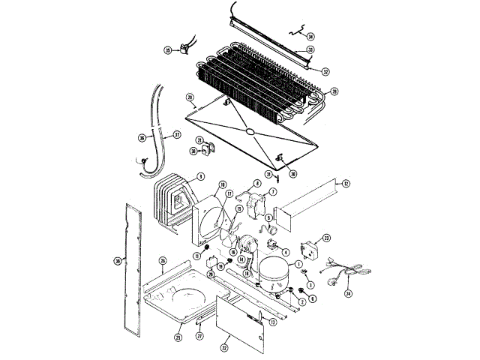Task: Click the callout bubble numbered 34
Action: click(311, 36)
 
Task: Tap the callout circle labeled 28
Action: click(334, 91)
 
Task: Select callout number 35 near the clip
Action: click(168, 51)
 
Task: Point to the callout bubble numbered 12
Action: click(346, 183)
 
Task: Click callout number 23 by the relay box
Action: click(326, 238)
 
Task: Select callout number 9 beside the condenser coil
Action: click(200, 177)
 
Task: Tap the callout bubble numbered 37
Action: click(178, 135)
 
